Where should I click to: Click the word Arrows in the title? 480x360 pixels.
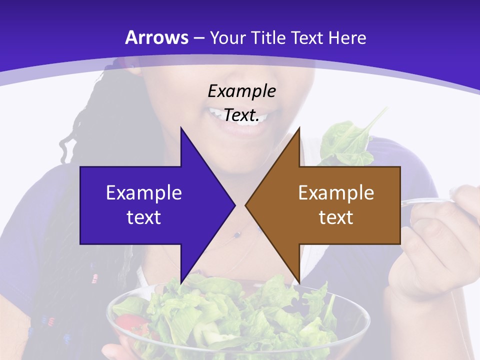click(x=157, y=37)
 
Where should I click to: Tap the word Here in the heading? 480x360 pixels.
click(x=347, y=37)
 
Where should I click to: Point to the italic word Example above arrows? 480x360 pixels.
click(x=241, y=91)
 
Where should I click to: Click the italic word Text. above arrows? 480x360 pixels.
click(x=241, y=115)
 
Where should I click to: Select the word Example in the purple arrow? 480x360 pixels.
click(x=144, y=193)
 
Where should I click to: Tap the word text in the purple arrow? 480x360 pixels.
click(x=144, y=217)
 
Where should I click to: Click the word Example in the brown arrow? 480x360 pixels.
click(x=336, y=193)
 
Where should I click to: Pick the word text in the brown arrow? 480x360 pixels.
click(x=336, y=217)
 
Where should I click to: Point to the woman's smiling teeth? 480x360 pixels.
click(x=220, y=113)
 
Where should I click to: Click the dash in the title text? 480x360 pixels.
click(x=198, y=38)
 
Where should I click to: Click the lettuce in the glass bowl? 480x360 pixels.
click(x=240, y=310)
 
